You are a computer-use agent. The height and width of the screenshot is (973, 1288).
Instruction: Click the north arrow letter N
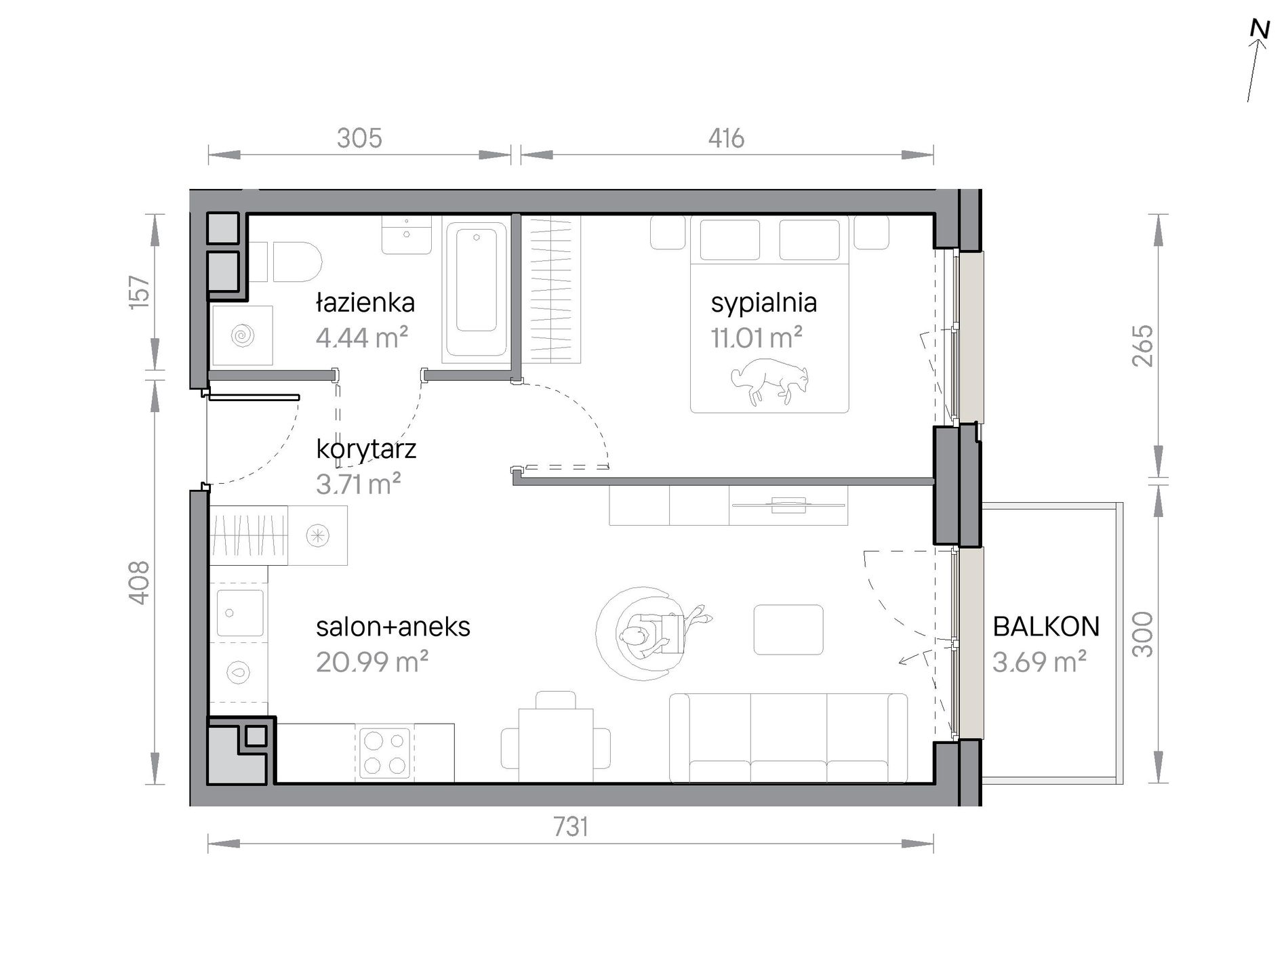click(x=1260, y=29)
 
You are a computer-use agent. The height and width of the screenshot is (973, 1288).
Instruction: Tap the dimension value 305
click(x=359, y=138)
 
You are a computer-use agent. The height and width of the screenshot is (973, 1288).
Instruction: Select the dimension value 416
click(x=726, y=138)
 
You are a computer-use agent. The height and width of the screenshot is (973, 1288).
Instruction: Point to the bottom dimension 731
click(x=570, y=827)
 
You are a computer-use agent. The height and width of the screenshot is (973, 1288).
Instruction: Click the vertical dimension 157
click(x=139, y=292)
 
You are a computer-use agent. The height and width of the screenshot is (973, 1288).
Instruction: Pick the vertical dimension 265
click(x=1142, y=346)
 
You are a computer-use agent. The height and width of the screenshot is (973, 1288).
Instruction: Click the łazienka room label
click(x=365, y=302)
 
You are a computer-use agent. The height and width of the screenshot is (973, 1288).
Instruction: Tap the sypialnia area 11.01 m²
click(x=757, y=337)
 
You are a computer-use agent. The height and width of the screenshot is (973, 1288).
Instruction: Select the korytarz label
click(x=366, y=449)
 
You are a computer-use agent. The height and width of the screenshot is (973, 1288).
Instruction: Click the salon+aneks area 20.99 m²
click(x=371, y=661)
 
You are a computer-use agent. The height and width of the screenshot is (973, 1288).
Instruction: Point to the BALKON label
click(x=1046, y=627)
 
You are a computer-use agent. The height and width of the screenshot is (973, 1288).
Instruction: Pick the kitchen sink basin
click(x=239, y=613)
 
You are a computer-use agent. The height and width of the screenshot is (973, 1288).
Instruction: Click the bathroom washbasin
click(x=406, y=234)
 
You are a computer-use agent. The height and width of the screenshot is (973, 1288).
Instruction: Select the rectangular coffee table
click(x=788, y=629)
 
